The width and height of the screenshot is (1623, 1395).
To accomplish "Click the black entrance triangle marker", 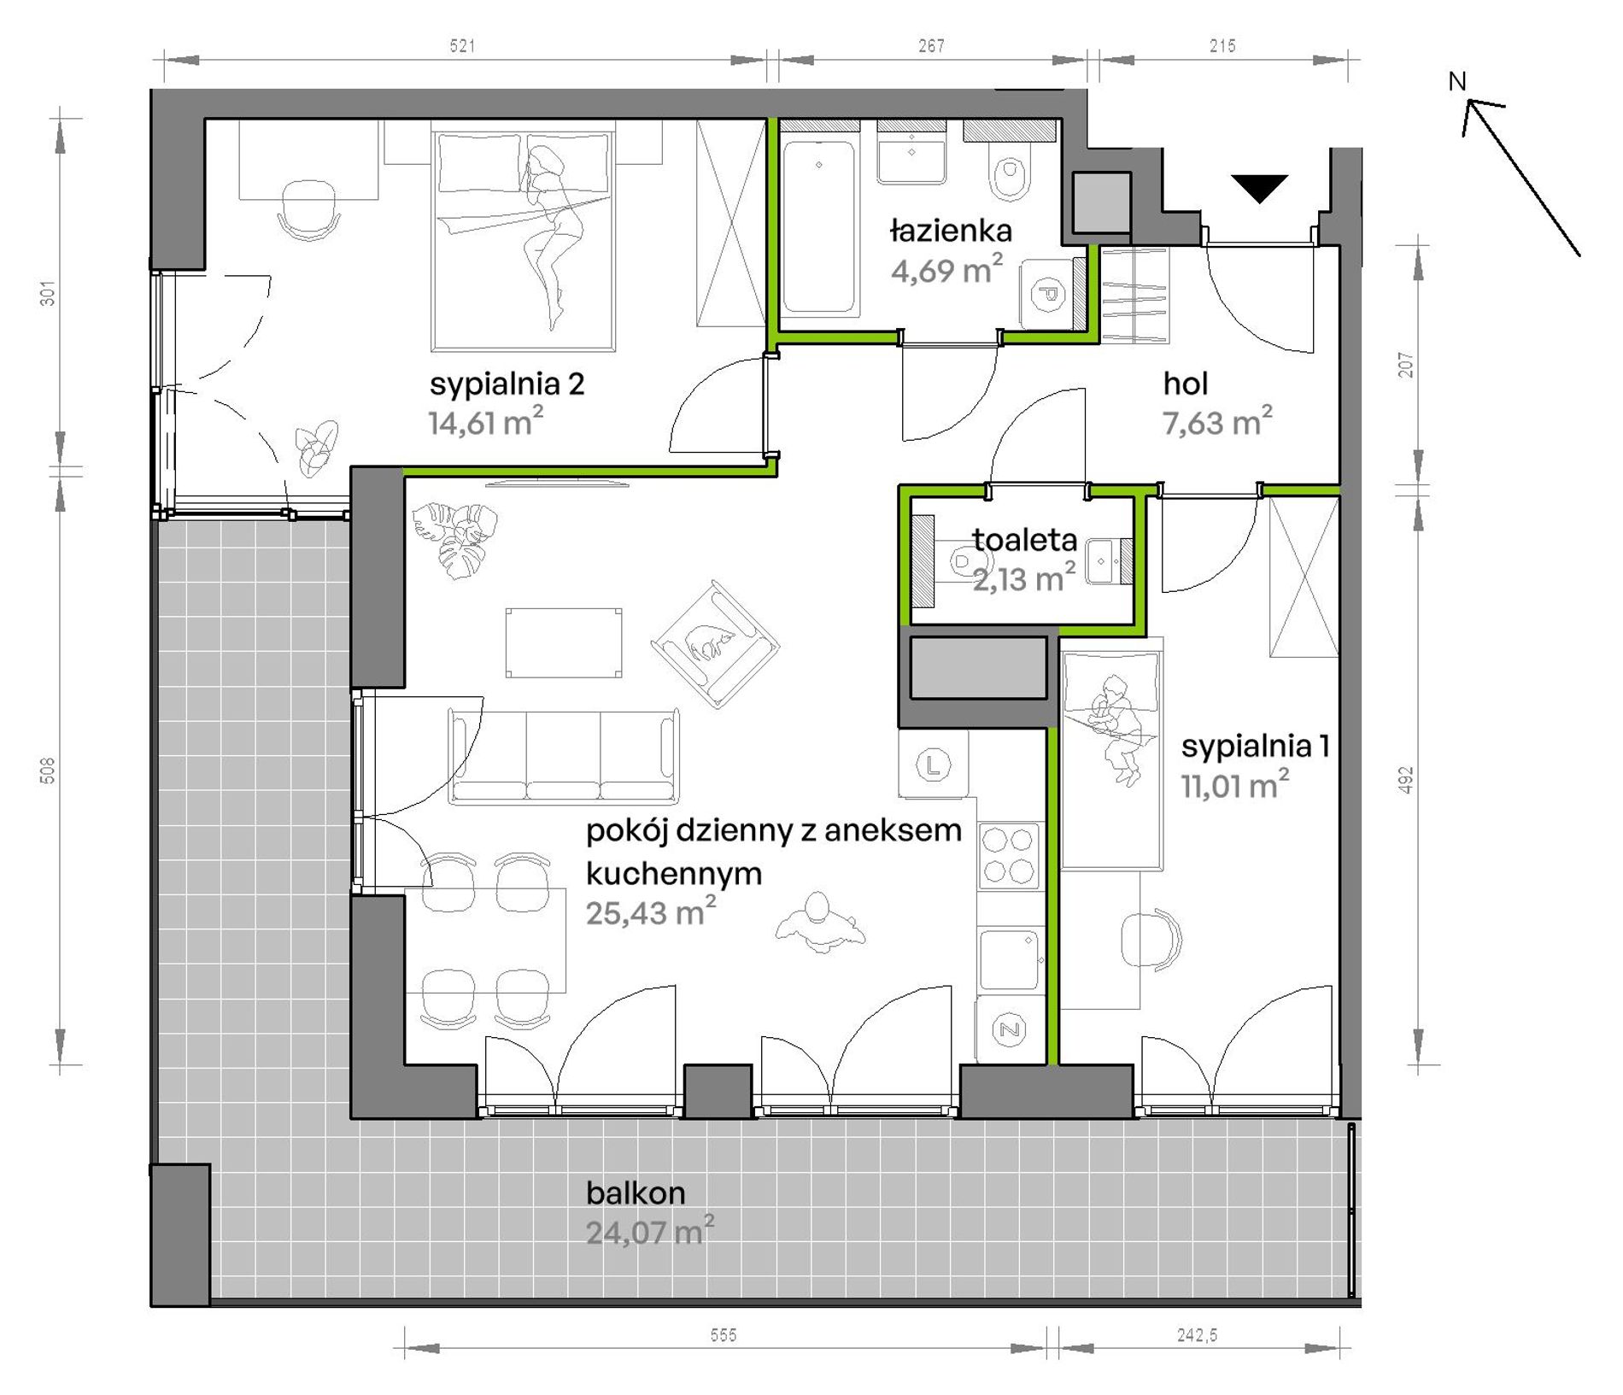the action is tap(1259, 187).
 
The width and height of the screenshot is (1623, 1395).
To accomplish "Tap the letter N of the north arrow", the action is tap(1457, 82).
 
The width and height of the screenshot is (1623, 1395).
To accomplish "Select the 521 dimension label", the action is tap(462, 46).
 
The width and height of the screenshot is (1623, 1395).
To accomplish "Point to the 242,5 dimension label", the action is tap(1197, 1335).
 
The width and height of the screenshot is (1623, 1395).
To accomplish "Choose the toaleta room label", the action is tap(1024, 540).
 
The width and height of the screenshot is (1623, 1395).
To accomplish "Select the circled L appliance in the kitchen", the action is tap(933, 764).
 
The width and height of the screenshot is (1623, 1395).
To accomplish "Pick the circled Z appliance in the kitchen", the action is tap(1010, 1030).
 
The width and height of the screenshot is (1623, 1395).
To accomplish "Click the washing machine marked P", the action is tap(1047, 294).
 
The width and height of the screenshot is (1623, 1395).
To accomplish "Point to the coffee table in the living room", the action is tap(564, 642).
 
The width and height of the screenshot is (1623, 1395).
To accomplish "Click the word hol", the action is tap(1185, 384).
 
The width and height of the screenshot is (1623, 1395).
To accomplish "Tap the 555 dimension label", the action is tap(724, 1335).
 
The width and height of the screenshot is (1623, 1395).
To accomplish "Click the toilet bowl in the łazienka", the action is tap(1011, 174).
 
